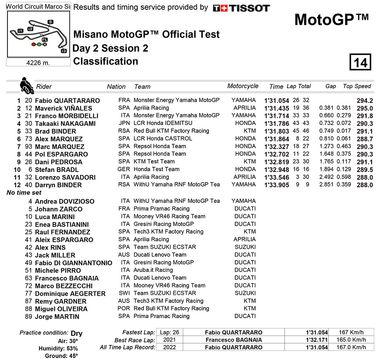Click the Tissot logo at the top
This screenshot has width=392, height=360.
coord(241,8)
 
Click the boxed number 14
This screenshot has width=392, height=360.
coord(360,62)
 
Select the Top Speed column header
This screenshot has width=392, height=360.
coord(357,86)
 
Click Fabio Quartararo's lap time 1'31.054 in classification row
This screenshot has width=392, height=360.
coord(276,101)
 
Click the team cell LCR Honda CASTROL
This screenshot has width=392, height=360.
coord(163,139)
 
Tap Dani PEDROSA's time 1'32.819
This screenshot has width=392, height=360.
coord(276,162)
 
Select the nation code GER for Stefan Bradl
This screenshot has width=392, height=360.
coord(124,169)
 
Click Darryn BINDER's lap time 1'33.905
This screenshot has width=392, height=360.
coord(276,185)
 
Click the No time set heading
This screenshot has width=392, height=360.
coord(24,193)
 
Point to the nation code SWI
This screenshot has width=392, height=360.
coord(124,293)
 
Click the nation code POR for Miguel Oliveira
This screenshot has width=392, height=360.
coord(124,309)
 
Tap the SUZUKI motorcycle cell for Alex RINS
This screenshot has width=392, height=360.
coord(245,247)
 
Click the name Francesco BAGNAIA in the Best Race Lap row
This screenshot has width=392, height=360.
coord(234,340)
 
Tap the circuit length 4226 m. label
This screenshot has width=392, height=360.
coord(38,63)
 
